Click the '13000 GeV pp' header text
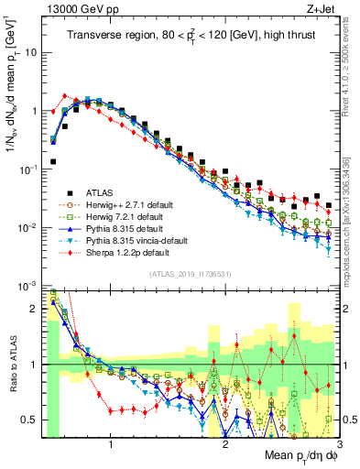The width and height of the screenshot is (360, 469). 80,9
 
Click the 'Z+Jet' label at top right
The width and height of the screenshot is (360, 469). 317,9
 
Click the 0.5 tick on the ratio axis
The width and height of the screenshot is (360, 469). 31,420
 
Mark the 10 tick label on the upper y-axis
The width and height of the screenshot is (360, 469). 30,52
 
